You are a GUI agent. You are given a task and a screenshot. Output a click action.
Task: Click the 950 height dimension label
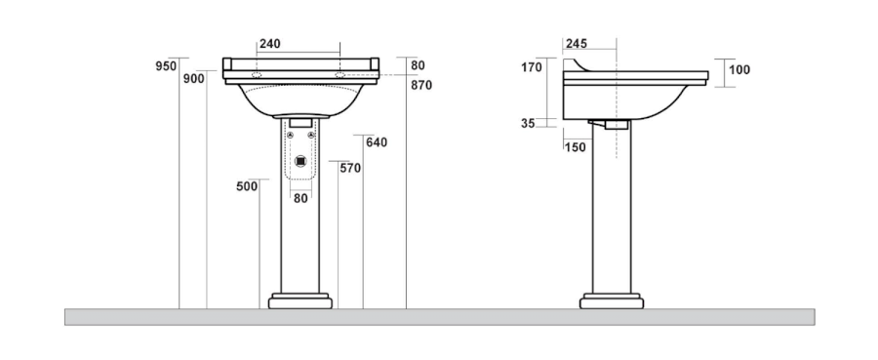tap(166, 66)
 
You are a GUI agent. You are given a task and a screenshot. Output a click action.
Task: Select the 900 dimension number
tap(194, 79)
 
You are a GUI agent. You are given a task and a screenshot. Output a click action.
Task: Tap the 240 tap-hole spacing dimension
tap(269, 44)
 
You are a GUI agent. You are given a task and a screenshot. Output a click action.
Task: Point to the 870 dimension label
tap(421, 85)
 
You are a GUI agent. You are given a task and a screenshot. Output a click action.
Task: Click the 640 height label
tap(377, 142)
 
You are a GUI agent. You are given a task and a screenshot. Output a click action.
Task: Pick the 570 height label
tap(350, 168)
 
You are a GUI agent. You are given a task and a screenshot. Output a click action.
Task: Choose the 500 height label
tap(247, 186)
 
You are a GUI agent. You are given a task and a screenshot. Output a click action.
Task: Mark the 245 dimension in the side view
tap(577, 44)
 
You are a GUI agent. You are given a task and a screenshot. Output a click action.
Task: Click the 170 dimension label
tap(532, 67)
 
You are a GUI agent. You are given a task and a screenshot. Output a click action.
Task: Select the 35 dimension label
tap(528, 124)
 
